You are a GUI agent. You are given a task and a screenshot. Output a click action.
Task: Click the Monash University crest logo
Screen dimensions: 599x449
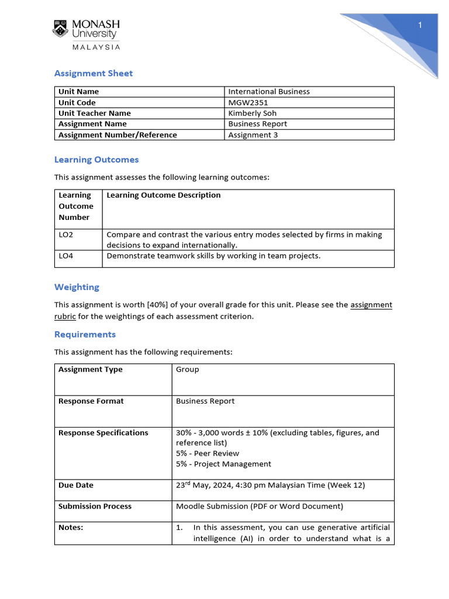click(x=61, y=29)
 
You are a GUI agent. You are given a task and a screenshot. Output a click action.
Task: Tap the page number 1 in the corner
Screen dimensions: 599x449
click(x=420, y=25)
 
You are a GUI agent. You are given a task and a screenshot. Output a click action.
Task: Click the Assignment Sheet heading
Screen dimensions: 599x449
click(x=94, y=73)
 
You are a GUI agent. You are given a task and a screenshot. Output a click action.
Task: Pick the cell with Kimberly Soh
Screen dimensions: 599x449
click(x=253, y=113)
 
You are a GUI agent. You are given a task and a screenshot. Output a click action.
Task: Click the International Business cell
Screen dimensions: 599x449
click(x=269, y=91)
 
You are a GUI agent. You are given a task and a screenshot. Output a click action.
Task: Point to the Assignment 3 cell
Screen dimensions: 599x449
click(x=253, y=135)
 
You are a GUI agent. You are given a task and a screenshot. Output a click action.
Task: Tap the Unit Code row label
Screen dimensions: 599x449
click(x=77, y=102)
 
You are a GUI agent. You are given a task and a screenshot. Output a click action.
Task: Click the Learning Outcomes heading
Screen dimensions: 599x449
click(x=96, y=159)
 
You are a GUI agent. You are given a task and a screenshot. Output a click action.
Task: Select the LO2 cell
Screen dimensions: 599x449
click(x=66, y=235)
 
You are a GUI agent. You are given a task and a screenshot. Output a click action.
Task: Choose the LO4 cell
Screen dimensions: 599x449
click(x=66, y=256)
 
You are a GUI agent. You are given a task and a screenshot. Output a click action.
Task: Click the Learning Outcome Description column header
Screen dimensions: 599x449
click(x=164, y=195)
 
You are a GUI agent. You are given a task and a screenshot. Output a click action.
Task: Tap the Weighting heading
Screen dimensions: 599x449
click(x=77, y=287)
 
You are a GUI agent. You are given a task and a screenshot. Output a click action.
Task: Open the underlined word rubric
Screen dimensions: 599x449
click(x=65, y=316)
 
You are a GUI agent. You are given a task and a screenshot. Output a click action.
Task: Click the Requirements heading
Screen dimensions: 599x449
click(x=85, y=334)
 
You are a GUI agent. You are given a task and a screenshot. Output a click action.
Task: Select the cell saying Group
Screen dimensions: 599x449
click(x=188, y=369)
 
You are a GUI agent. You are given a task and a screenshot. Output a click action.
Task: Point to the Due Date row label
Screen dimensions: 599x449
click(x=76, y=485)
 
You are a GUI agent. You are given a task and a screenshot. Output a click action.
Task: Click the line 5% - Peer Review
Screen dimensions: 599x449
click(x=208, y=453)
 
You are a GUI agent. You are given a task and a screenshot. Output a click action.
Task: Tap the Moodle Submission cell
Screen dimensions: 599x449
click(x=260, y=506)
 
